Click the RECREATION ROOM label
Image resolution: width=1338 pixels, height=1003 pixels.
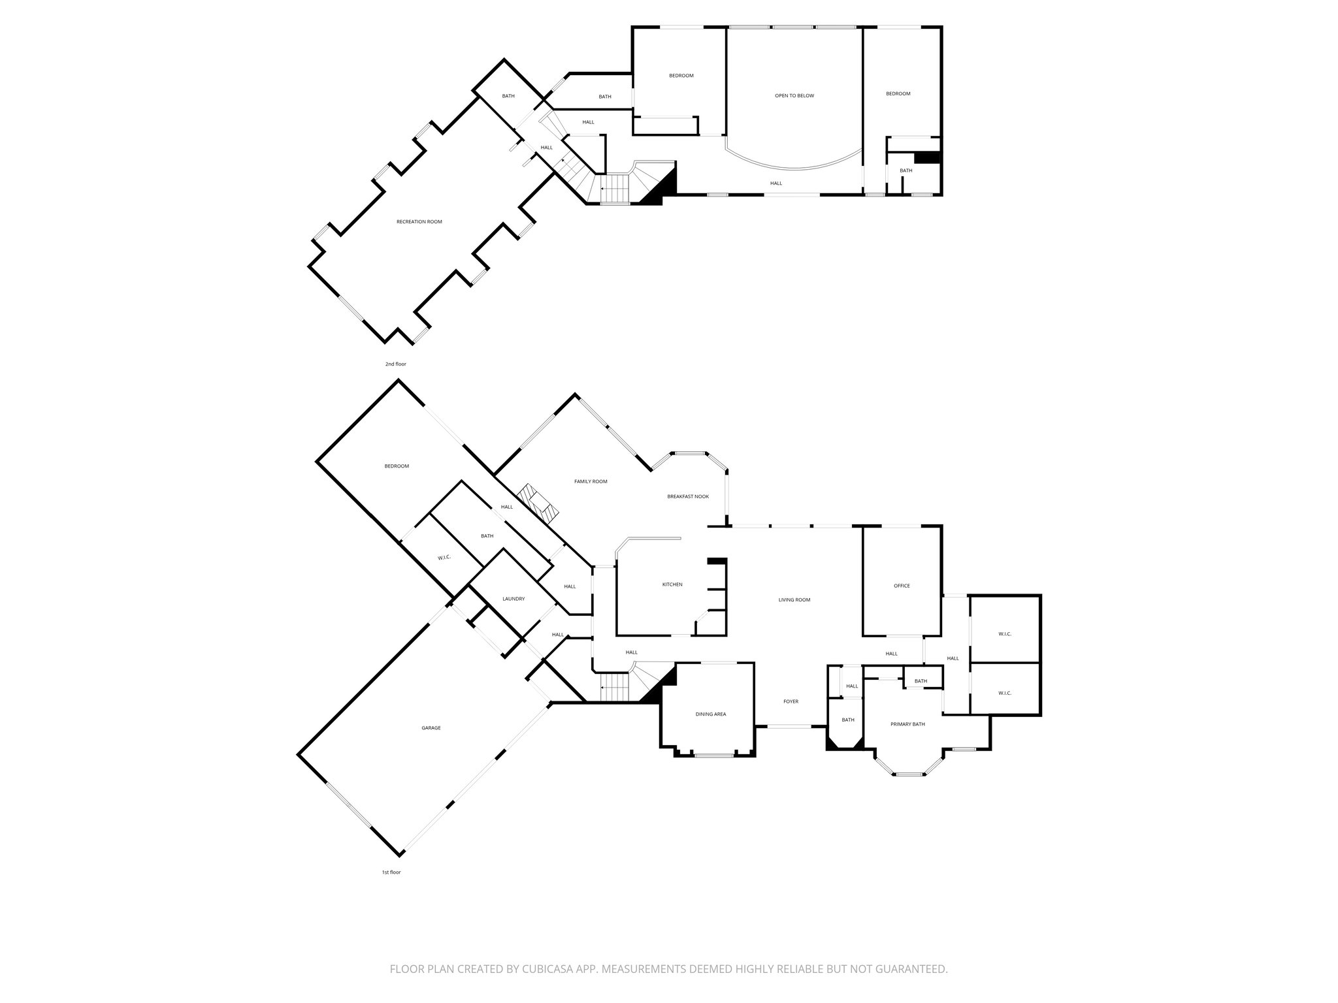point(419,222)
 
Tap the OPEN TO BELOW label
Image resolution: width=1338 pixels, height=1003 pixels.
point(794,96)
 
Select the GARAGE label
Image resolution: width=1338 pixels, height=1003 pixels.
point(431,728)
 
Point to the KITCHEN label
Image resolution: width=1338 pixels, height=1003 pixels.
point(672,584)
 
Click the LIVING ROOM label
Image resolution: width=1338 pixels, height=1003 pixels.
point(794,600)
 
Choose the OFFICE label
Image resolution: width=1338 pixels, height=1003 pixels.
point(902,586)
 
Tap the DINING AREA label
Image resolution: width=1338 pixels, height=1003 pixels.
point(711,714)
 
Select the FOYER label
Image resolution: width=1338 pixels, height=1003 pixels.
point(791,702)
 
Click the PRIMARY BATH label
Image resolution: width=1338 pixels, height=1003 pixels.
point(907,724)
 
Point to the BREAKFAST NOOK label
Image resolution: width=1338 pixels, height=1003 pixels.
point(687,497)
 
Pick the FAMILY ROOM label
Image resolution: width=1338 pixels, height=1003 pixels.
point(591,482)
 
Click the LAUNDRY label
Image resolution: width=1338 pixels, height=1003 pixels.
point(514,599)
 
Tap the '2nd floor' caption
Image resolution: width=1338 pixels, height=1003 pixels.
point(395,364)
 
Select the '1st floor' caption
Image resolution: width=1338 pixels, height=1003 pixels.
point(391,872)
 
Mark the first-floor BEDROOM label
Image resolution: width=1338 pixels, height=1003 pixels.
point(397,466)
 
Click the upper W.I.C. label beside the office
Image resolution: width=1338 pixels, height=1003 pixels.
point(1004,634)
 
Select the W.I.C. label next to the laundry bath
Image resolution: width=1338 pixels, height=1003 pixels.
point(444,558)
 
